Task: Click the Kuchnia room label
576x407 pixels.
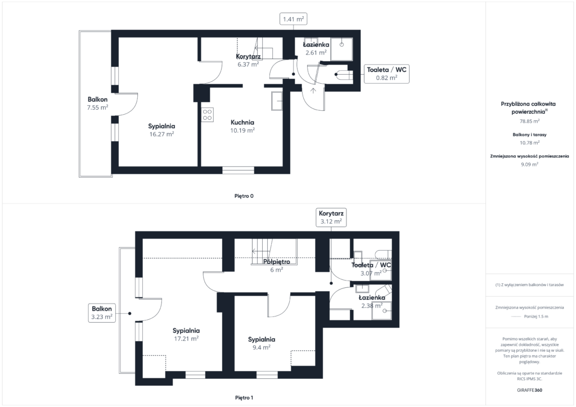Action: click(x=242, y=123)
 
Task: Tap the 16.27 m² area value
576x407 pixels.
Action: click(x=161, y=134)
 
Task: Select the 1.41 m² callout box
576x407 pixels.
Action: click(x=294, y=19)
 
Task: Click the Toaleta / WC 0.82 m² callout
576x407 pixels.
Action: click(x=386, y=74)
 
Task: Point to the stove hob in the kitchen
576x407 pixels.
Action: click(x=207, y=115)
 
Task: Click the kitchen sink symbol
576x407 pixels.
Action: click(x=277, y=101)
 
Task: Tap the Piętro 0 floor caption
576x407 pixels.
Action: click(x=244, y=196)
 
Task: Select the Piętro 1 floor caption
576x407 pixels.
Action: click(x=244, y=398)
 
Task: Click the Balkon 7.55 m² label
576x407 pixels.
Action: click(x=97, y=103)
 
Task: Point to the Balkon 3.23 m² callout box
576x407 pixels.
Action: click(x=102, y=313)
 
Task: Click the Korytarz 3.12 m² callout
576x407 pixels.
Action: click(x=331, y=218)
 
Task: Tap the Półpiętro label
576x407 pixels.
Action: click(x=277, y=261)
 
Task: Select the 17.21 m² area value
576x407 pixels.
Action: click(x=186, y=339)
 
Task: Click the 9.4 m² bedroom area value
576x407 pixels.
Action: click(x=262, y=347)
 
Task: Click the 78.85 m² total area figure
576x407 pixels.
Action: click(x=529, y=121)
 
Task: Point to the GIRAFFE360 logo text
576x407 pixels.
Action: click(x=529, y=390)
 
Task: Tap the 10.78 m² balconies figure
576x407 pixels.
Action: click(x=529, y=143)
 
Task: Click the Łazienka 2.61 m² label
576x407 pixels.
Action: click(x=316, y=48)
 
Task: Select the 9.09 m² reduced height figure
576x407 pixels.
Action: click(x=529, y=164)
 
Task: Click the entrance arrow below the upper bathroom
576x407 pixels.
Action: click(x=313, y=91)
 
